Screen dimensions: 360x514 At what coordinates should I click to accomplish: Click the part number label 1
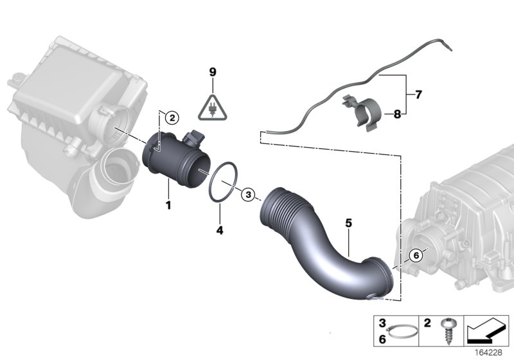click(169, 205)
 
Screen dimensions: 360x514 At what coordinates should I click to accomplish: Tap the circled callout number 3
click(249, 194)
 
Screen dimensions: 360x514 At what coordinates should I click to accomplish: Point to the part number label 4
click(219, 229)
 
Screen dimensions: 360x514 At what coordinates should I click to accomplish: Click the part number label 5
click(348, 223)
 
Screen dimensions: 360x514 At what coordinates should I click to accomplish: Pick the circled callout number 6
click(415, 255)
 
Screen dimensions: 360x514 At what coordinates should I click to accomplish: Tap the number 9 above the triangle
click(212, 73)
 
